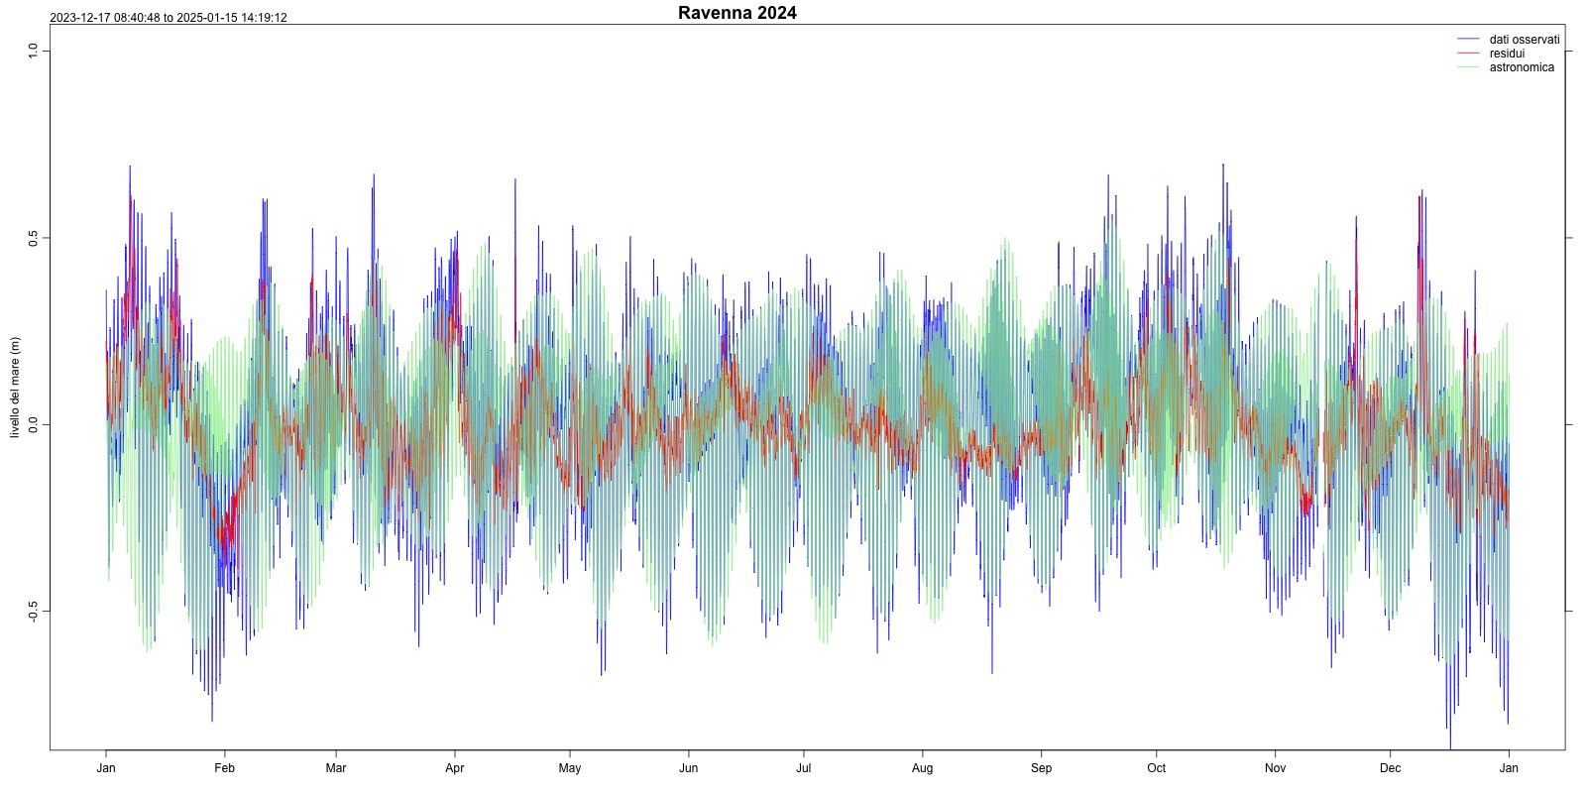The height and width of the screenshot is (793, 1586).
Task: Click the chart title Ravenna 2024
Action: [x=736, y=13]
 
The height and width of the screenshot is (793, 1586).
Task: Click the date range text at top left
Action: [x=169, y=18]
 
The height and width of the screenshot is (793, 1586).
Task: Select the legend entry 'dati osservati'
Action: [x=1524, y=40]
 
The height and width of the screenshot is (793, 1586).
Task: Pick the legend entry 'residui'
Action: [x=1507, y=54]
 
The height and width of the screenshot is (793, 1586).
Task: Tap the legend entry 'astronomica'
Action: [x=1522, y=67]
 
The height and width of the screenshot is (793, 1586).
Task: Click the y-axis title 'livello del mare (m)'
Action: [x=15, y=388]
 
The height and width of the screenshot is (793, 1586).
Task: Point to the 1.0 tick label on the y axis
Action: [x=33, y=51]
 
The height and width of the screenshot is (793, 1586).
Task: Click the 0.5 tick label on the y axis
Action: [x=33, y=238]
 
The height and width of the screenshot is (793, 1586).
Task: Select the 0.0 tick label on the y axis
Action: [x=33, y=425]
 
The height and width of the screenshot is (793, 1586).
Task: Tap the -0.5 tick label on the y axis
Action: [x=33, y=612]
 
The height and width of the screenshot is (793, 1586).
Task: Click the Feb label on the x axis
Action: [x=225, y=768]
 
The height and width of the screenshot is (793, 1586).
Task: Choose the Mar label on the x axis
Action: [x=336, y=768]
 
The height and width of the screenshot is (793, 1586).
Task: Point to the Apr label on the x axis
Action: [x=455, y=768]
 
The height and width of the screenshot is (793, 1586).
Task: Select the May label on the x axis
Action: [x=570, y=768]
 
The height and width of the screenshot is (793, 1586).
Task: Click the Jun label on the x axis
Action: [x=689, y=768]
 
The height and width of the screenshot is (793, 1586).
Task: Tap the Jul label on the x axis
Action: [x=804, y=768]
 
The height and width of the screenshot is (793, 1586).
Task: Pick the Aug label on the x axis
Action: [x=923, y=768]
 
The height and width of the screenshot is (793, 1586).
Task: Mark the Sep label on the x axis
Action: [x=1041, y=768]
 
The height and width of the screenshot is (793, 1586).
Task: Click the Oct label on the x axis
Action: [x=1157, y=768]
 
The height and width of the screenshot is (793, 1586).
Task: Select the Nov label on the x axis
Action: [x=1276, y=768]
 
